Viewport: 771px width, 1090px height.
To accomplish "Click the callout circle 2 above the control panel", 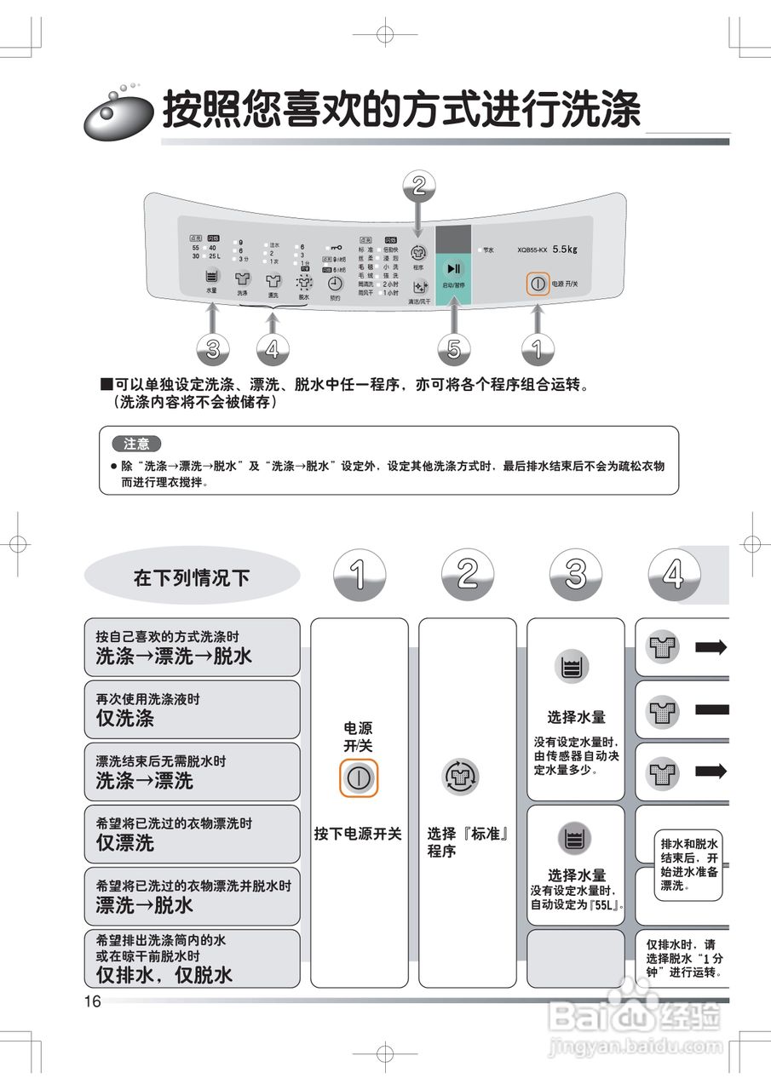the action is point(418,186).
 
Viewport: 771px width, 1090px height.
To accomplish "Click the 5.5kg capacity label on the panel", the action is point(564,250).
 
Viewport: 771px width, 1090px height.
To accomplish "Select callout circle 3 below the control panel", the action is point(213,347).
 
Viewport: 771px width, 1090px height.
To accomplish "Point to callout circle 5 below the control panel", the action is point(453,347).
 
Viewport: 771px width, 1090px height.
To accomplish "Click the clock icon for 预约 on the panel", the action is point(336,284).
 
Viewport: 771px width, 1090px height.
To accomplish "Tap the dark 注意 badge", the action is point(136,444).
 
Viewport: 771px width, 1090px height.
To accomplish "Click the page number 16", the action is point(92,1001).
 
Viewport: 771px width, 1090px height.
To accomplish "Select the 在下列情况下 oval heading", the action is point(192,577).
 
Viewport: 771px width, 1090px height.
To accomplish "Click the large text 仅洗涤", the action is point(125,718).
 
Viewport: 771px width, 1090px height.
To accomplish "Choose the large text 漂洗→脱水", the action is point(145,905).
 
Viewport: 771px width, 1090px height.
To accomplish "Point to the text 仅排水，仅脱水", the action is point(164,974).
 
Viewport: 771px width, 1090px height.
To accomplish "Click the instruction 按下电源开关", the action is point(358,834).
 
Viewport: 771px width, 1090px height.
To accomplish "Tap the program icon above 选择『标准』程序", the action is point(461,777).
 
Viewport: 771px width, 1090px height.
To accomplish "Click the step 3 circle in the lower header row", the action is point(576,575).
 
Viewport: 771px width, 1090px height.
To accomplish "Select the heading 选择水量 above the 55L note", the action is point(576,875).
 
